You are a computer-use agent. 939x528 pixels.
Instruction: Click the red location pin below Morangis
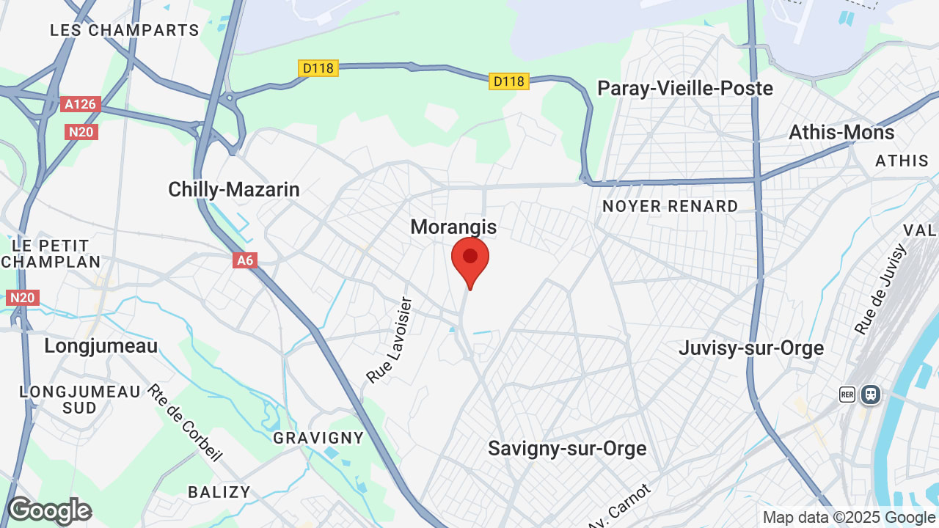[x=470, y=260]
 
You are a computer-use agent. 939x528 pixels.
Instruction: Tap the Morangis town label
[x=453, y=227]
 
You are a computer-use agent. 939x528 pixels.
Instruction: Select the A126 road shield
[x=80, y=104]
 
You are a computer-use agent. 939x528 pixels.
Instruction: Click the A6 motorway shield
[x=245, y=260]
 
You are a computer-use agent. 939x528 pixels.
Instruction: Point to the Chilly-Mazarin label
[x=234, y=189]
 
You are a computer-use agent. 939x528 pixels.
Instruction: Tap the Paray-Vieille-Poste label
[x=685, y=88]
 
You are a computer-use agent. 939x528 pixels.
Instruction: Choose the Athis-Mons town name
[x=841, y=133]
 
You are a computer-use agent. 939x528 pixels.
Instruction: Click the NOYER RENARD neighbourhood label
[x=671, y=207]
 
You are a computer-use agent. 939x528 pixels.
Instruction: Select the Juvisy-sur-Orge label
[x=751, y=348]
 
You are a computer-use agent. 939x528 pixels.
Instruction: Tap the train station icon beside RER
[x=871, y=395]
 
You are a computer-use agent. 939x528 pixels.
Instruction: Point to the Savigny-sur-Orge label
[x=567, y=448]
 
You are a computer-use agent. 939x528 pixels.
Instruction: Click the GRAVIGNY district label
[x=318, y=438]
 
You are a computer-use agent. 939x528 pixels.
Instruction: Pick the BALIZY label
[x=219, y=492]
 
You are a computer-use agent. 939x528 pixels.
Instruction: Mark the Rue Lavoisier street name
[x=390, y=340]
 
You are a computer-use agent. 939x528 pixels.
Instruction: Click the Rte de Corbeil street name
[x=185, y=423]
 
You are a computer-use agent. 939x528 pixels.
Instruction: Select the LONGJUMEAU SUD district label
[x=80, y=400]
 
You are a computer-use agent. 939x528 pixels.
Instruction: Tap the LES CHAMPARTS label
[x=125, y=30]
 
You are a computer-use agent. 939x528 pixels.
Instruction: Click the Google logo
[x=49, y=511]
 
